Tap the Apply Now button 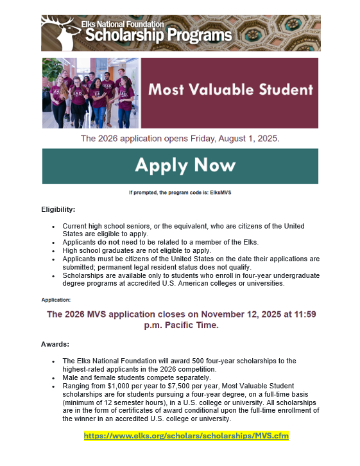[180, 166]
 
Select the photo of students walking [90, 92]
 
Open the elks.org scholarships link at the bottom [186, 436]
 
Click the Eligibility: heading [58, 210]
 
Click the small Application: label [56, 300]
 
